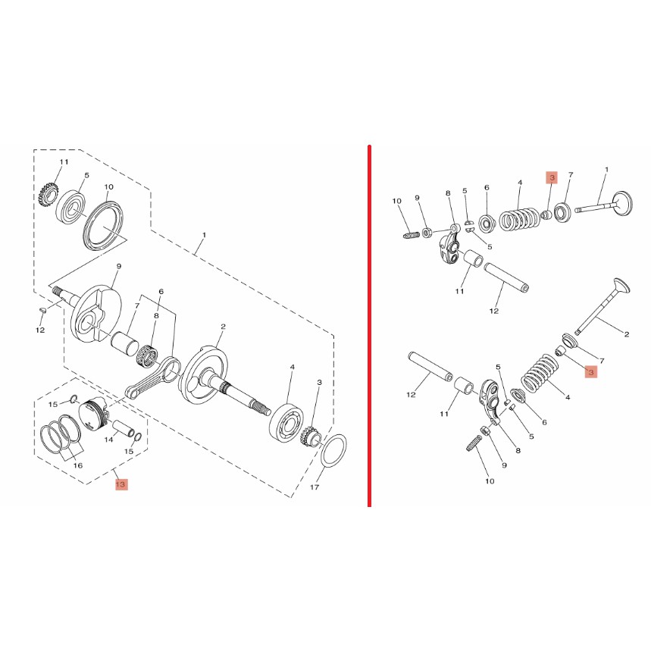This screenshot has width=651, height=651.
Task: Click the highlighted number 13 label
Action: (120, 484)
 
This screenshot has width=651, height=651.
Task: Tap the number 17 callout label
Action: (315, 487)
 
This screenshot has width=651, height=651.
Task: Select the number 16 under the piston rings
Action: (78, 465)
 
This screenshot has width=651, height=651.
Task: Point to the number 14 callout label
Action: (108, 440)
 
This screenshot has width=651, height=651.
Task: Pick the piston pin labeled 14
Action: (123, 428)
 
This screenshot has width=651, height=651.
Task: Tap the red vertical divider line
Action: (369, 326)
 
